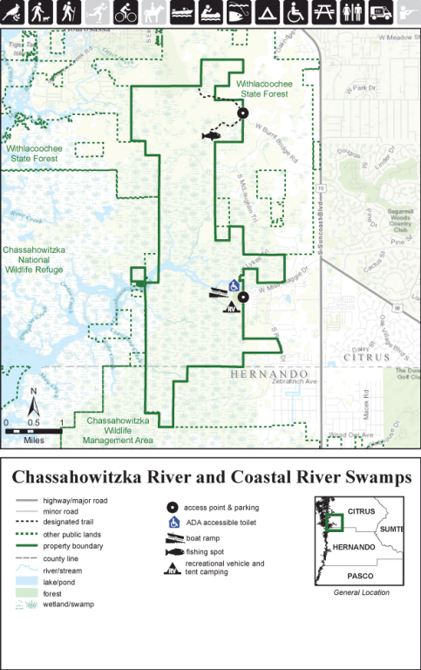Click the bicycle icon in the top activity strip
[x=126, y=12]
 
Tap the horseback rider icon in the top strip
[x=154, y=12]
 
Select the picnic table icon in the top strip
[x=324, y=12]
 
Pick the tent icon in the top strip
[x=268, y=12]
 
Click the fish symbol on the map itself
[x=211, y=135]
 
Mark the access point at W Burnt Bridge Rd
[x=243, y=113]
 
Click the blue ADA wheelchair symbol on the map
[x=234, y=285]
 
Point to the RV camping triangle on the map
[x=232, y=307]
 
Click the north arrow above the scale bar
[x=33, y=404]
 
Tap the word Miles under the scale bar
[x=33, y=440]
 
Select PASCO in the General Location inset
[x=360, y=577]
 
